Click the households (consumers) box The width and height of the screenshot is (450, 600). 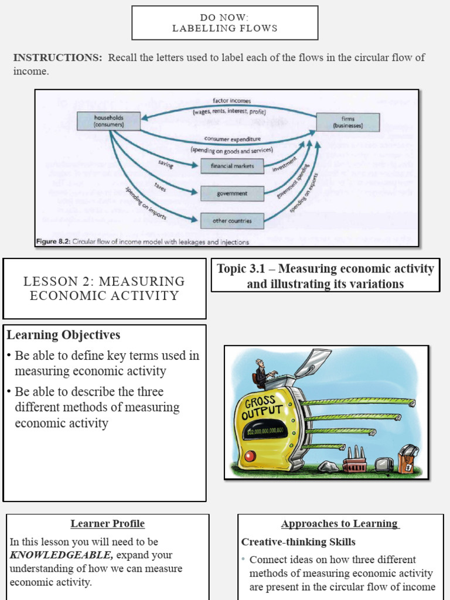tap(108, 121)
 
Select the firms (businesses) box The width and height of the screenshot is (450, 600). tap(348, 122)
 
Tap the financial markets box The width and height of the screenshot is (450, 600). tap(232, 166)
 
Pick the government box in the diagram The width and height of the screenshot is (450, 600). tap(232, 193)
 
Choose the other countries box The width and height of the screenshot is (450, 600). tap(232, 221)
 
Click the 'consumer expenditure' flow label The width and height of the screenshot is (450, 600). tap(232, 139)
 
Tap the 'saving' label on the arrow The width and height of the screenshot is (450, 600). tap(166, 165)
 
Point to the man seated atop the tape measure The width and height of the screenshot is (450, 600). tap(261, 373)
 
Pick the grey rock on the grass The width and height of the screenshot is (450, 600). tap(328, 466)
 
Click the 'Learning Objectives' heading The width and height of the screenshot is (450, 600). tap(63, 335)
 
